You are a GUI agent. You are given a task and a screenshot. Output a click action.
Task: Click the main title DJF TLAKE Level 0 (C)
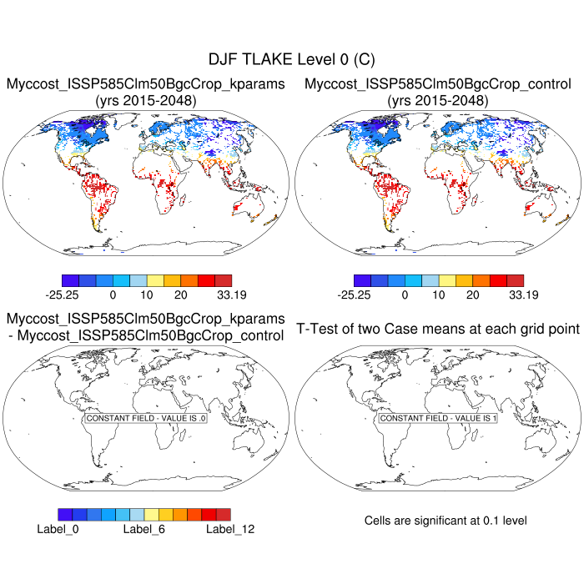[x=292, y=60]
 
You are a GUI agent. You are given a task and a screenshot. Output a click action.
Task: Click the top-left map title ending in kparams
[x=146, y=84]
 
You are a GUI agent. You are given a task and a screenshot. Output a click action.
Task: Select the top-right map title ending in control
[x=438, y=84]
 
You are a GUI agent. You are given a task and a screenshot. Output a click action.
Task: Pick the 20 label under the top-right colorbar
[x=472, y=295]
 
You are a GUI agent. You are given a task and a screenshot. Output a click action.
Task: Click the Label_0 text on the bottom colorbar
[x=58, y=528]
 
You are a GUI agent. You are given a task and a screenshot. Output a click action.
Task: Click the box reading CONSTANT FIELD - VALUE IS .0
[x=146, y=417]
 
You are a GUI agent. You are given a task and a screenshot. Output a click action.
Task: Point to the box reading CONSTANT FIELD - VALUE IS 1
[x=438, y=417]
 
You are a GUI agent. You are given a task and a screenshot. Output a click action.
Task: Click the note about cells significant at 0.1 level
[x=446, y=521]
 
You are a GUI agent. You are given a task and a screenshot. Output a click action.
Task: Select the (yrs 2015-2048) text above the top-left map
[x=146, y=101]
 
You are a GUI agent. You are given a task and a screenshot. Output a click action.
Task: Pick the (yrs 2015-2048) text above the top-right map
[x=438, y=101]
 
